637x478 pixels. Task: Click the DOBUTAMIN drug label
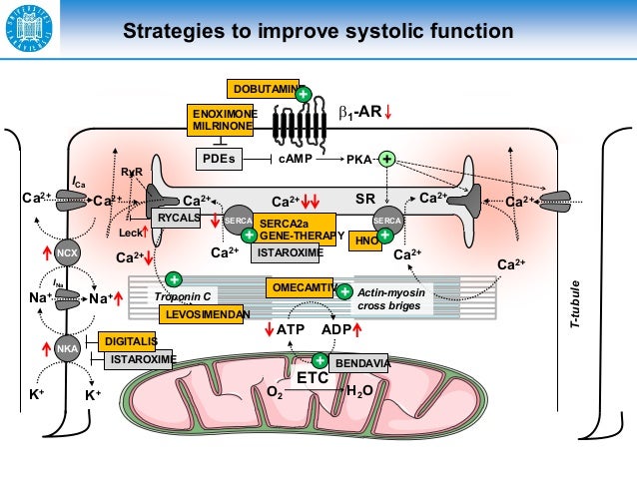point(262,89)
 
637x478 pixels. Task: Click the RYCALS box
point(180,217)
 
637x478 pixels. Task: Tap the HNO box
point(364,239)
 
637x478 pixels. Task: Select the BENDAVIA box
point(359,363)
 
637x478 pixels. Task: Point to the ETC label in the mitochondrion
point(313,378)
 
